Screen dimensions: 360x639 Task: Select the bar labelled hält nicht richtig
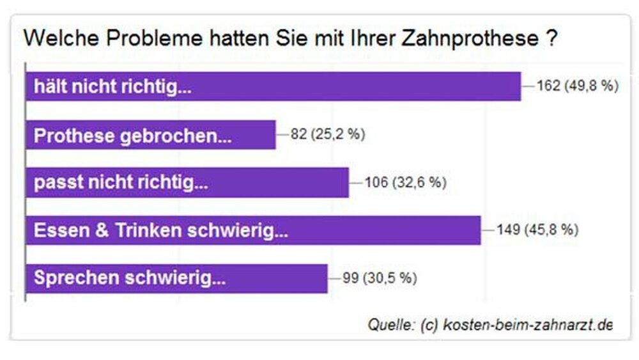(x=273, y=86)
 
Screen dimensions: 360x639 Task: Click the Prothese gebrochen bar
(x=150, y=135)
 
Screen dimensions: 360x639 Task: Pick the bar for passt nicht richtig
(x=187, y=183)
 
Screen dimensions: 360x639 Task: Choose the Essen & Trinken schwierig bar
(x=252, y=230)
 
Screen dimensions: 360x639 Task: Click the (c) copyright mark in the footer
(x=428, y=324)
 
